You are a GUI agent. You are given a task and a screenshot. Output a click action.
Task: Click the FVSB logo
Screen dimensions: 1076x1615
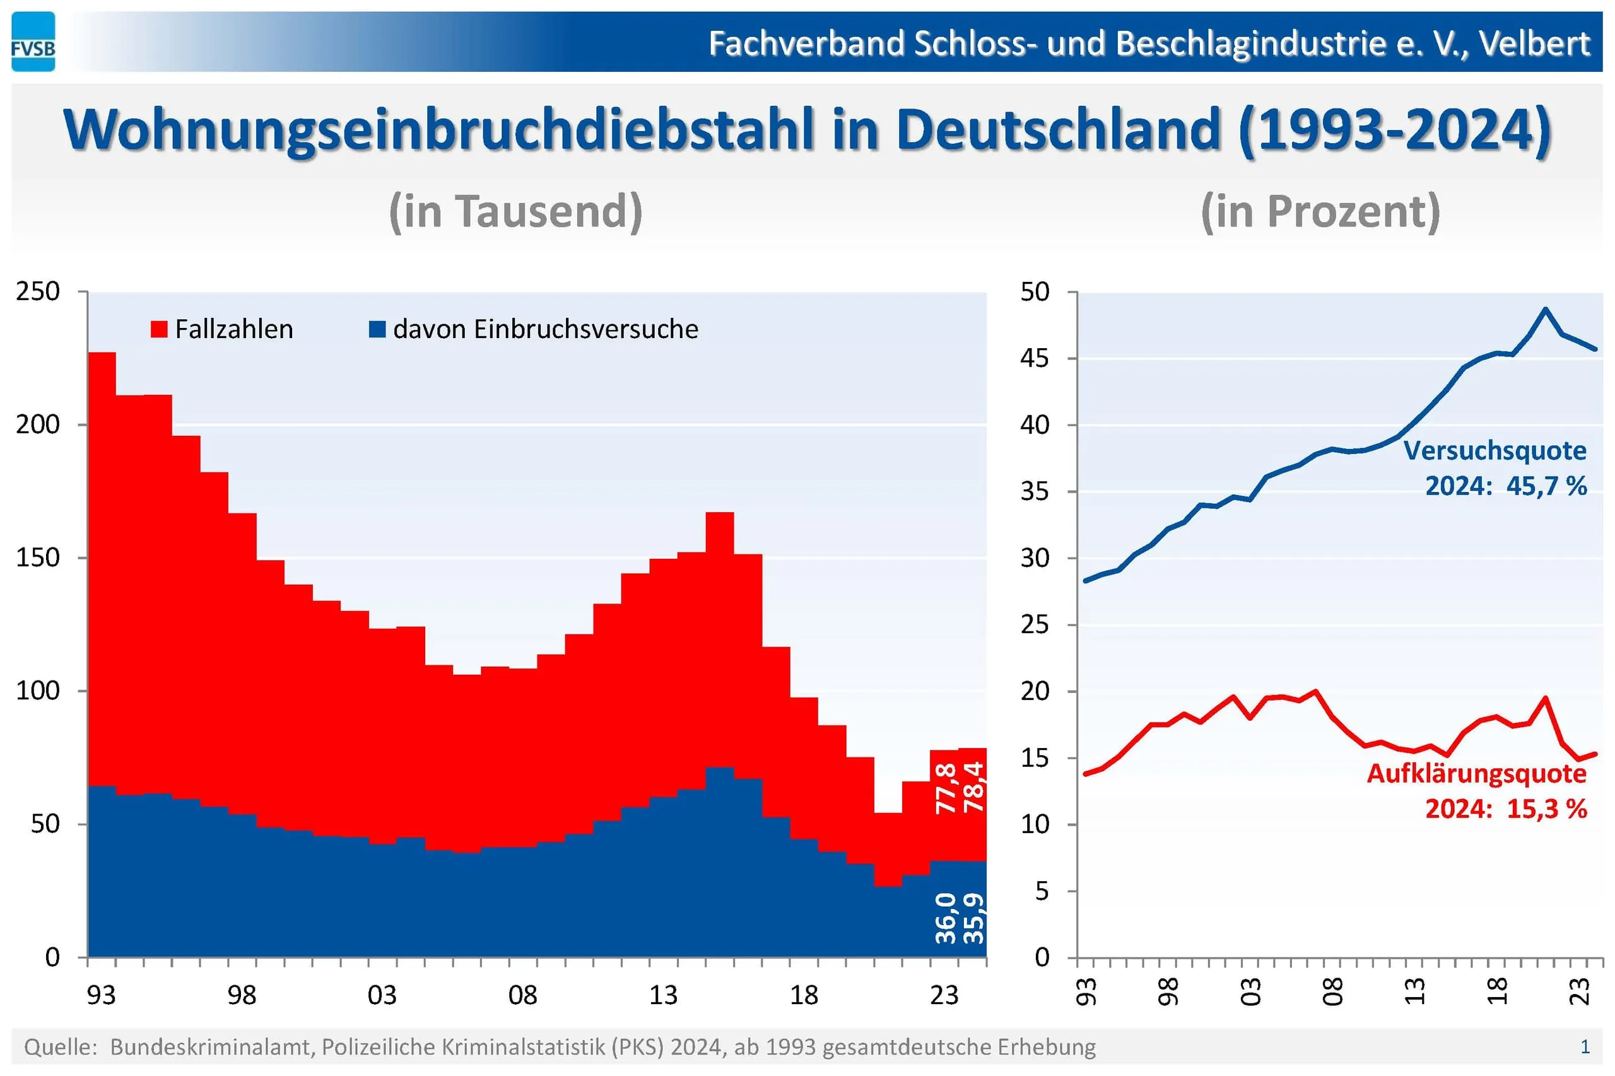click(x=33, y=42)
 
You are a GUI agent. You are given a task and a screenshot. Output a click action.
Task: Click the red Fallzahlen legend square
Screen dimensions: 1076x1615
click(x=158, y=329)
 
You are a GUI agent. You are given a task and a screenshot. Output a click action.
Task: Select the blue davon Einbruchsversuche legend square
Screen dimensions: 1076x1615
click(x=377, y=329)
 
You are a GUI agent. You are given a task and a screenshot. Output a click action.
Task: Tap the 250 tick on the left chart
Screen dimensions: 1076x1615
click(x=38, y=291)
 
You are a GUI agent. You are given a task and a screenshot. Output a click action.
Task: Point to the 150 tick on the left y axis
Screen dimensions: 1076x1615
click(x=38, y=557)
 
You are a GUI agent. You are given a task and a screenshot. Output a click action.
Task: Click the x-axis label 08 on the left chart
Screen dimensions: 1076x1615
click(x=522, y=995)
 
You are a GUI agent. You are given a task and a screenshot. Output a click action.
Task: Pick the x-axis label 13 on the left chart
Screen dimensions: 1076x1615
click(x=663, y=995)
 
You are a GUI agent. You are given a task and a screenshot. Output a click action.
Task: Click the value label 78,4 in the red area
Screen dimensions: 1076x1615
click(x=974, y=787)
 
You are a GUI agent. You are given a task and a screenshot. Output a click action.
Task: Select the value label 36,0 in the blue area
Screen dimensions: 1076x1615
click(x=945, y=918)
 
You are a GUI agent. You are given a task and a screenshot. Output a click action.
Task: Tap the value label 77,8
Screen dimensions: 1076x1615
click(x=946, y=788)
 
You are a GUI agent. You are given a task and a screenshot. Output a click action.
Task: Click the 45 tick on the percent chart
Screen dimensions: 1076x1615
click(x=1035, y=358)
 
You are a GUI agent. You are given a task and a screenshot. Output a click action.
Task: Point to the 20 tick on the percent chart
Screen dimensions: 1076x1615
click(x=1035, y=691)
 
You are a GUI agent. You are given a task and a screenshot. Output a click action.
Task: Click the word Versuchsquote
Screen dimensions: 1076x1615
click(x=1495, y=451)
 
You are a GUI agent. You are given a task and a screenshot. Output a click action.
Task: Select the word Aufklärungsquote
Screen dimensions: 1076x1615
click(x=1476, y=773)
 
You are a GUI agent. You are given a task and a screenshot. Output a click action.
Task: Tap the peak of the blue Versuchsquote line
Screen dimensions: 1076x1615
click(x=1544, y=309)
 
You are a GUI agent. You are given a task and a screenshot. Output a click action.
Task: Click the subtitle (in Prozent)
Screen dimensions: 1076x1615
click(x=1320, y=211)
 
